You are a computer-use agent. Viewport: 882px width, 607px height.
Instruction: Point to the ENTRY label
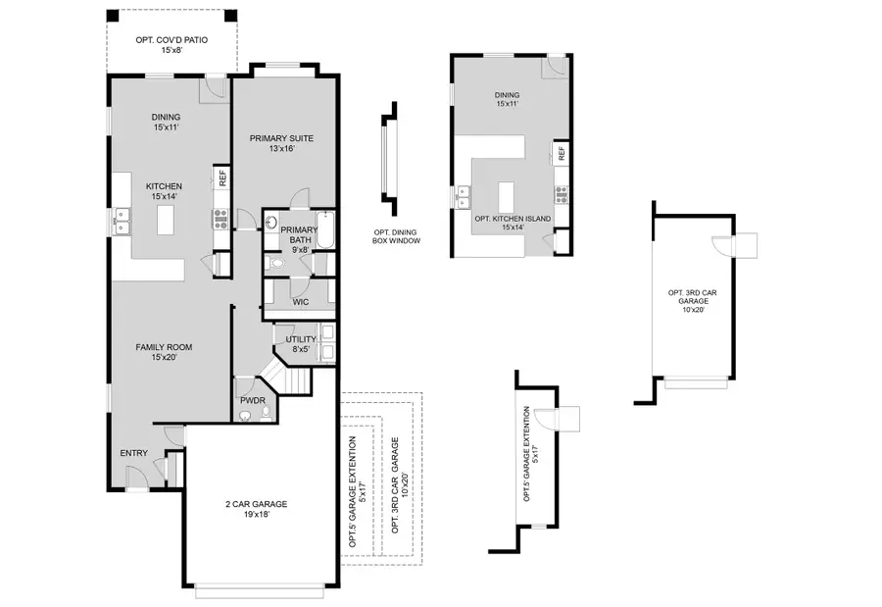134,453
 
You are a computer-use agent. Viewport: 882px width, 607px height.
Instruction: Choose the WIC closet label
300,302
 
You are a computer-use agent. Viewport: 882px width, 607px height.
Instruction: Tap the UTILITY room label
301,344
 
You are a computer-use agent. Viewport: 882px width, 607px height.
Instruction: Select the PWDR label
250,400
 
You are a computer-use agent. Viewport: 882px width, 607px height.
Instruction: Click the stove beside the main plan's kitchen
220,219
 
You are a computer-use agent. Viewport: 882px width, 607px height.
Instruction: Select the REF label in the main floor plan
222,178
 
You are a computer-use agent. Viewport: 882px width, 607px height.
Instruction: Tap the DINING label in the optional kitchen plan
507,100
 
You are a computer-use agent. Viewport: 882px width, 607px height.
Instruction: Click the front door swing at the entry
136,477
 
